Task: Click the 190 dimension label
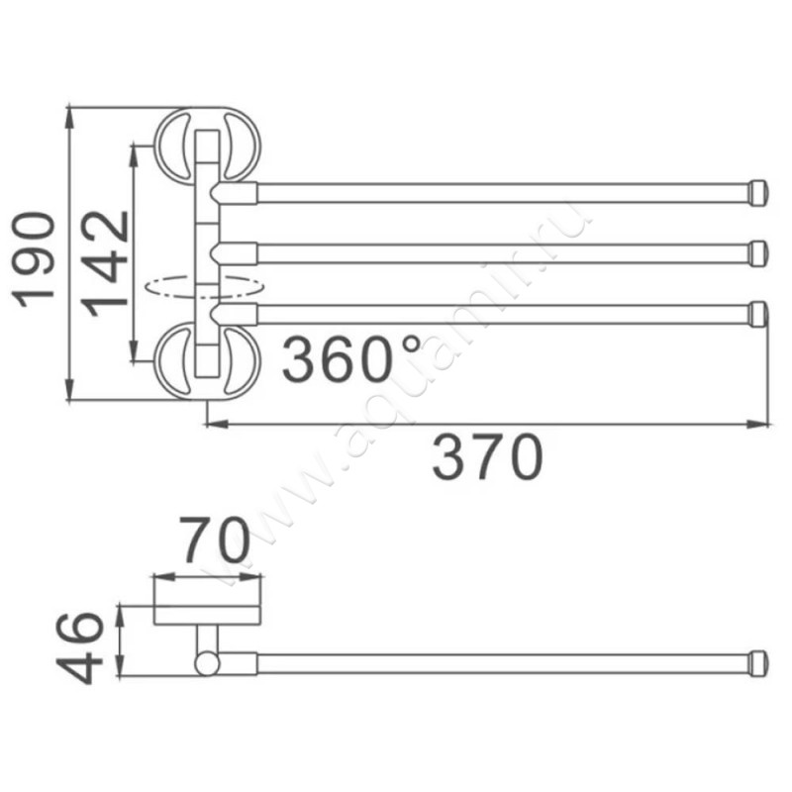click(x=35, y=259)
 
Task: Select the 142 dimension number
click(x=105, y=263)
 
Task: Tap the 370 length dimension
click(x=487, y=456)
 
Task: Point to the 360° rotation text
click(x=351, y=358)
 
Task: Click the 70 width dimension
click(x=216, y=540)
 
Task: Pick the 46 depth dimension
click(x=79, y=647)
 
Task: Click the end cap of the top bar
click(x=757, y=193)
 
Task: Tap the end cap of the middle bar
click(x=757, y=253)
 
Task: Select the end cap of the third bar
click(x=757, y=314)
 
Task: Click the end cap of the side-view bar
click(x=757, y=663)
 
